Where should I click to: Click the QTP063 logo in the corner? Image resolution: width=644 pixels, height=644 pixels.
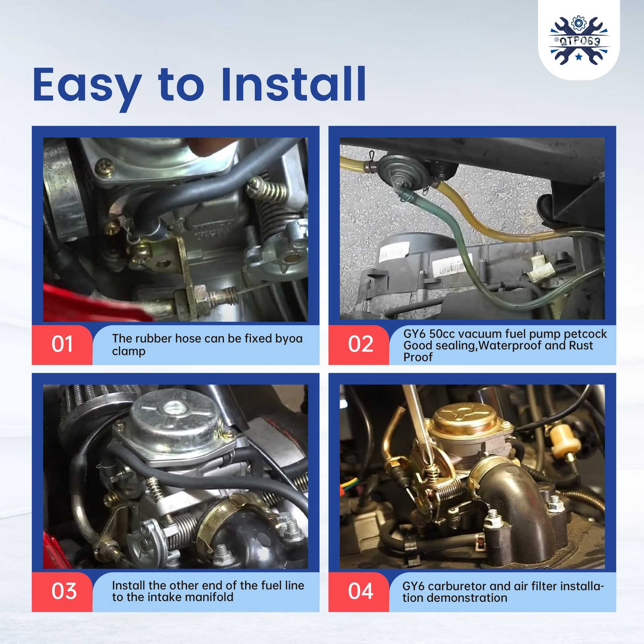[579, 40]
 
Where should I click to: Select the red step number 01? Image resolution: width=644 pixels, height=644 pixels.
[62, 344]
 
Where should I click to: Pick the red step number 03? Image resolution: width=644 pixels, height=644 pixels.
[64, 591]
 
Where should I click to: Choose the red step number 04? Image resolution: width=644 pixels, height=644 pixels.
[361, 591]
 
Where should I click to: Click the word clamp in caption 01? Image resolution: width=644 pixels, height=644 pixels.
[129, 351]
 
